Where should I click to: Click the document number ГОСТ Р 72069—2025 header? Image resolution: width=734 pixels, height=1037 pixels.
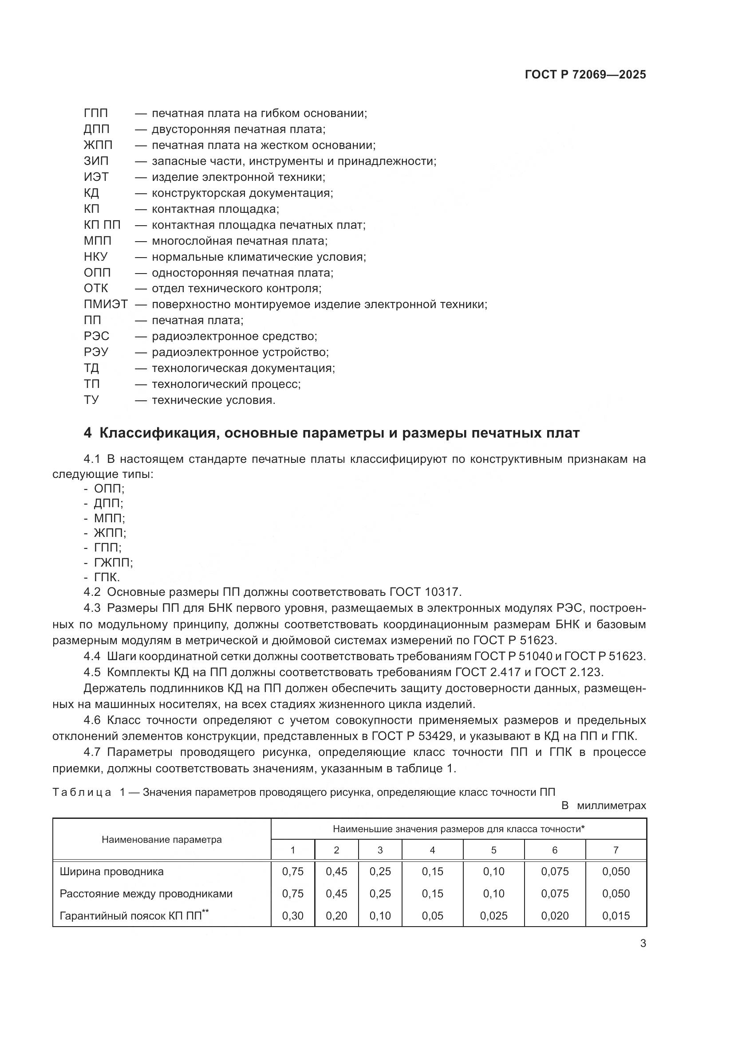click(585, 74)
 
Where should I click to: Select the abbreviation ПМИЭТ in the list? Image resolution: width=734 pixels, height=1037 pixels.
click(106, 305)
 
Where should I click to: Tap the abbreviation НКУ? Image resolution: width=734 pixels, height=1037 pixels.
click(96, 257)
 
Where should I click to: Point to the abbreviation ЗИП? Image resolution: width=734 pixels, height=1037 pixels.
click(96, 161)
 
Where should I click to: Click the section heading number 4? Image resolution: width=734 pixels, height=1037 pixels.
click(88, 433)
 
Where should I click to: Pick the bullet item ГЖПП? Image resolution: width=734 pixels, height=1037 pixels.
click(113, 562)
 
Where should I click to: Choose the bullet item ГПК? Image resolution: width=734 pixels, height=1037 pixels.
click(107, 577)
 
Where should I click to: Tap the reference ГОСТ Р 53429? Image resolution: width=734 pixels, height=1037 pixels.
click(412, 736)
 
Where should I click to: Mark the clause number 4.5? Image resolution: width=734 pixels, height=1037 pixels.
click(92, 672)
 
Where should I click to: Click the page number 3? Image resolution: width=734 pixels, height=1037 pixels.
click(643, 943)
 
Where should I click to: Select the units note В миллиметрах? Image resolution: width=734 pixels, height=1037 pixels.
click(604, 805)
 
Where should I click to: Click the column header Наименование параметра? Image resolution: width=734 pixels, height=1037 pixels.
click(162, 840)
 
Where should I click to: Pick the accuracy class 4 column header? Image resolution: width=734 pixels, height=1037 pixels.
click(432, 850)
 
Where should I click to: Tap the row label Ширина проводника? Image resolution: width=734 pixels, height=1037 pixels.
click(112, 872)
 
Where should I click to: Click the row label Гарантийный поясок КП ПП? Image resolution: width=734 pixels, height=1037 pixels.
click(131, 916)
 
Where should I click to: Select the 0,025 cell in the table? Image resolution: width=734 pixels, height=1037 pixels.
click(493, 916)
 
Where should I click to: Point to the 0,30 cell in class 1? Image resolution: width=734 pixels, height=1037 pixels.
click(292, 916)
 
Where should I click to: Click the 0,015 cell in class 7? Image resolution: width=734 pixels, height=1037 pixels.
click(616, 916)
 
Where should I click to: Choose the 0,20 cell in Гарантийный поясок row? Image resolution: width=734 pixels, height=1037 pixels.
click(336, 916)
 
